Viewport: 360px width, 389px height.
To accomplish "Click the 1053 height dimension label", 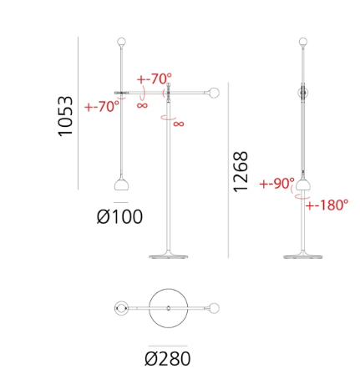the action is coord(65,116).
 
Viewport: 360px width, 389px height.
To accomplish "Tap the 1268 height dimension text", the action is coord(241,172).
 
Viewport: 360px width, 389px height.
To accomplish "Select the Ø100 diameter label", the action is coord(119,217).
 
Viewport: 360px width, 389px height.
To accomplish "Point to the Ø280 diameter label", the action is coord(168,359).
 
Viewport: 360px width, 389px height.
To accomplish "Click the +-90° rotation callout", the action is coord(276,184).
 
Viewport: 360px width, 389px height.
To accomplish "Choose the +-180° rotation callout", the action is coord(327,205).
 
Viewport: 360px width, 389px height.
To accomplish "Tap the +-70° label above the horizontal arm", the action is coord(155,79).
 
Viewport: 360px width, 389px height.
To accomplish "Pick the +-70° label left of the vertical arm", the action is coord(102,107).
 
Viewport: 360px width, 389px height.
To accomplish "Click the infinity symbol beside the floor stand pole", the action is coord(179,124).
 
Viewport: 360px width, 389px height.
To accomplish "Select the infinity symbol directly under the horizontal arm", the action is coord(142,105).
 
